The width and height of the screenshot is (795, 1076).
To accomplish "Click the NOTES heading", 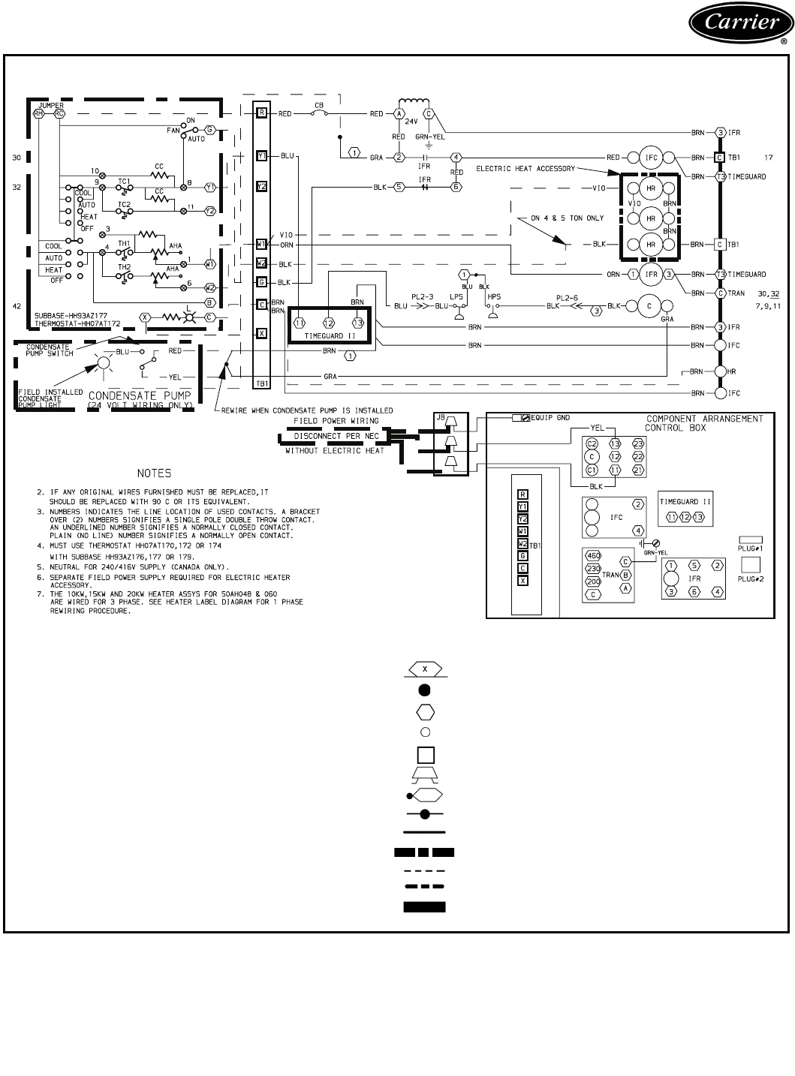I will click(x=154, y=473).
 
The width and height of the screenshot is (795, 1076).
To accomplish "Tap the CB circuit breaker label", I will click(x=319, y=107).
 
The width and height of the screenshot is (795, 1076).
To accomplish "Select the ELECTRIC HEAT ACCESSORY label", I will click(x=525, y=169).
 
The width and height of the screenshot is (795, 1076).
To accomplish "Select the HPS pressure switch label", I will click(x=493, y=296).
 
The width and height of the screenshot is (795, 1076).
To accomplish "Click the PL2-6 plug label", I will click(x=568, y=296).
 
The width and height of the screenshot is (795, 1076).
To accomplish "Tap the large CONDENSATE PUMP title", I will click(x=140, y=395).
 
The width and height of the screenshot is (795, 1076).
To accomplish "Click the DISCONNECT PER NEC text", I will click(x=336, y=436).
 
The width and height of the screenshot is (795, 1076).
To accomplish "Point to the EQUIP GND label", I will click(x=552, y=417).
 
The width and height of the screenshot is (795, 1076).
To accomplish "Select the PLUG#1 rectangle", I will click(x=751, y=539).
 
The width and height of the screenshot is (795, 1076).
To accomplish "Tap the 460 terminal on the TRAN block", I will click(x=593, y=555).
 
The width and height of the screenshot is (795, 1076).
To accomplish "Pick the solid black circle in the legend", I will click(x=424, y=690).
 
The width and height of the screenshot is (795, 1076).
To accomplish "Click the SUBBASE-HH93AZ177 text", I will click(x=65, y=317).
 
